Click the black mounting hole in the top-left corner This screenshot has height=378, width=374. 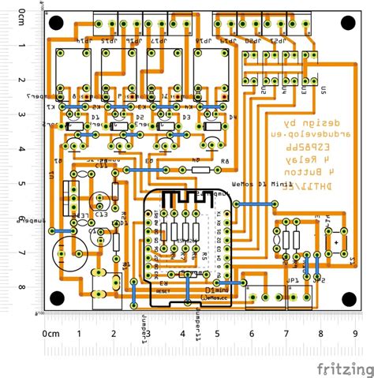[57, 23]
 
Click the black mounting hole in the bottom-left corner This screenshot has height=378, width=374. [57, 298]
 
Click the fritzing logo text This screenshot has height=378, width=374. [343, 369]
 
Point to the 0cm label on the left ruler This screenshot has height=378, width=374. [21, 16]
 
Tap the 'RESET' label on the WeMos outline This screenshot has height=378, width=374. [163, 290]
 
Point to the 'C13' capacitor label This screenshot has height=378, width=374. [101, 213]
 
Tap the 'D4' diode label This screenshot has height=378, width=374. [188, 118]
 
